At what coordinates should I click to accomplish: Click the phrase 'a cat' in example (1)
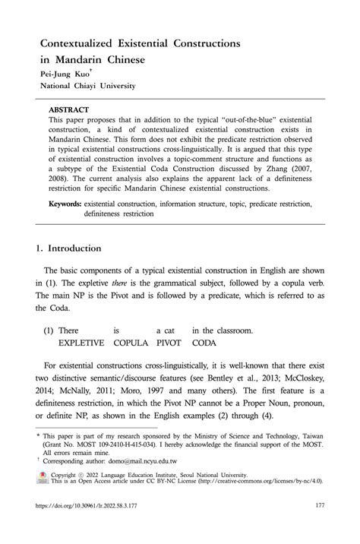click(x=166, y=330)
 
